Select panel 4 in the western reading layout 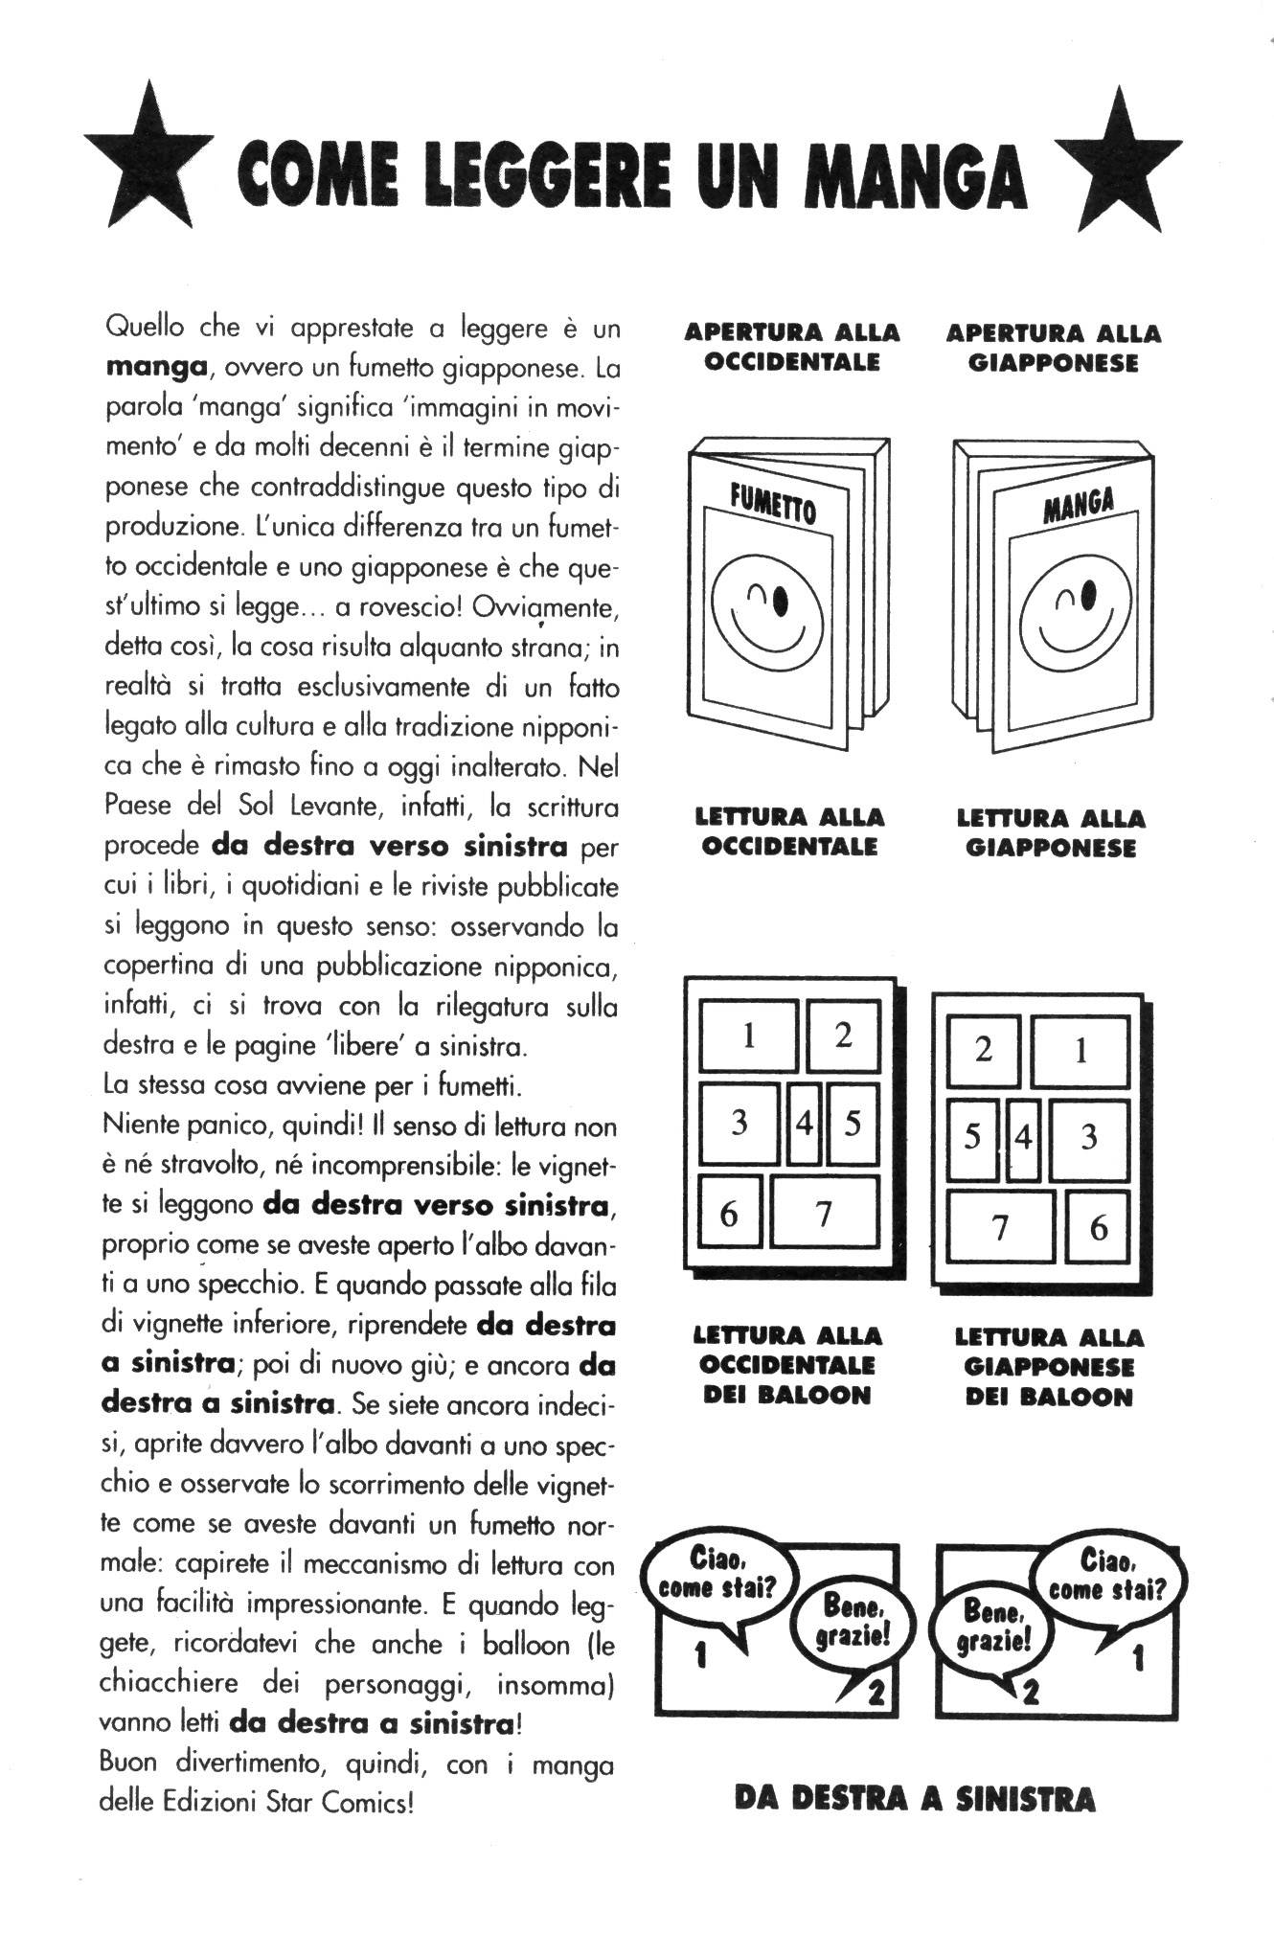pyautogui.click(x=805, y=1123)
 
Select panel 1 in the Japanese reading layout pyautogui.click(x=1080, y=1051)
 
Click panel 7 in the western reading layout pyautogui.click(x=824, y=1213)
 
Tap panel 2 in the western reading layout pyautogui.click(x=843, y=1035)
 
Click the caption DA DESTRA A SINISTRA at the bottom pyautogui.click(x=914, y=1798)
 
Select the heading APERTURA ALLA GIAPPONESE pyautogui.click(x=1053, y=348)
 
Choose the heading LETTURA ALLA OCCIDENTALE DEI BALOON pyautogui.click(x=786, y=1364)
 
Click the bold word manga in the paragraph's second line pyautogui.click(x=156, y=367)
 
